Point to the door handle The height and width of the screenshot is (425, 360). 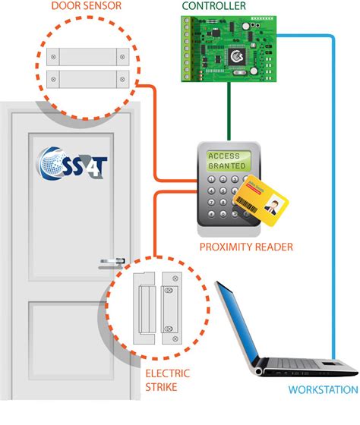(111, 263)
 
